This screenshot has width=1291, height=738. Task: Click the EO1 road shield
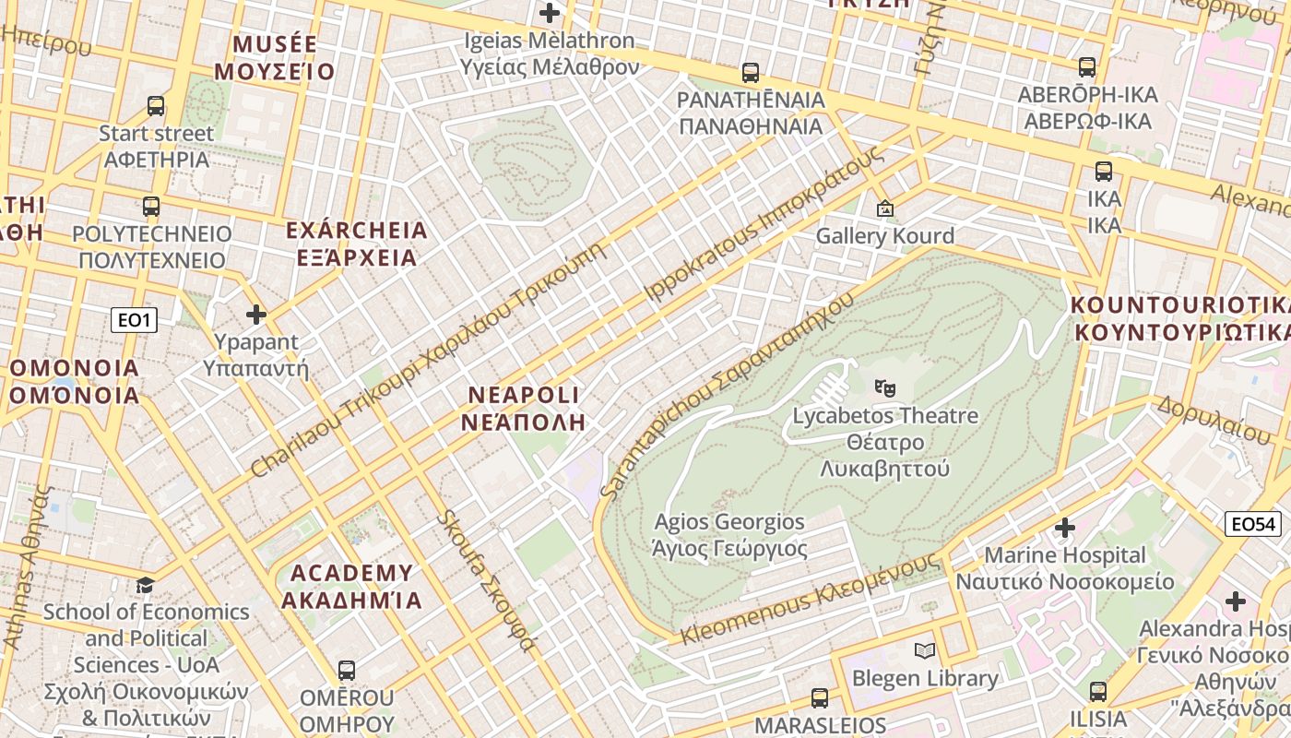coord(134,320)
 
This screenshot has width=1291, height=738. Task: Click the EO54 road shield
coord(1254,525)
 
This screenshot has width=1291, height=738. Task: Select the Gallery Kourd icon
coord(885,208)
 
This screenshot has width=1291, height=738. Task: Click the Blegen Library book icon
coord(925,651)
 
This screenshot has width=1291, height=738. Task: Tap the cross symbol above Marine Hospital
coord(1065,528)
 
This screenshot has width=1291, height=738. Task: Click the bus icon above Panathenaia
coord(751,72)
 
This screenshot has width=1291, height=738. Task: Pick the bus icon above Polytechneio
coord(151,207)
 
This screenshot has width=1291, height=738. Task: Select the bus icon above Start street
coord(156,106)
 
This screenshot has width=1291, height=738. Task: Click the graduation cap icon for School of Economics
coord(145,585)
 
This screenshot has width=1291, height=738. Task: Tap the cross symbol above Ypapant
coord(256,315)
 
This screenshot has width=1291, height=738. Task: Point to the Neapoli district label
coord(524,409)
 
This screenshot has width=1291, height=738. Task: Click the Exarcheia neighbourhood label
coord(357,244)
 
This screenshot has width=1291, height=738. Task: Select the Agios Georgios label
coord(729,535)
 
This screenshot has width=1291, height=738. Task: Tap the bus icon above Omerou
coord(347,671)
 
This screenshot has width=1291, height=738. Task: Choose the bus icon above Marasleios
coord(820,698)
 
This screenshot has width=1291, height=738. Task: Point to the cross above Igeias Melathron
coord(550,13)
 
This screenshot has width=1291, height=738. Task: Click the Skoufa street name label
coord(485,581)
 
